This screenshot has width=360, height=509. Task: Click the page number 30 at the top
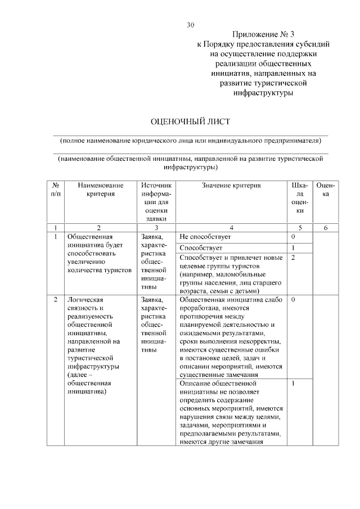[190, 25]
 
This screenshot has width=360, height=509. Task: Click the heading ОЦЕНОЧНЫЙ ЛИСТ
[191, 121]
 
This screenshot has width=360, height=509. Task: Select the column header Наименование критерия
[101, 190]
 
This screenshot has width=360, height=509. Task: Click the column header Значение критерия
[232, 185]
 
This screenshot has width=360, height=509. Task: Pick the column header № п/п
[56, 190]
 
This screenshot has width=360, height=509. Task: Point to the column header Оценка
[326, 190]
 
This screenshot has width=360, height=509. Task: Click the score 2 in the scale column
[294, 258]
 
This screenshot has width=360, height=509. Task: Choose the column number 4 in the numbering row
[232, 228]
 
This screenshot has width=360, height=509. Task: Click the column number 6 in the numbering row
[326, 228]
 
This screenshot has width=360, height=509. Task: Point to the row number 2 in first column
[56, 300]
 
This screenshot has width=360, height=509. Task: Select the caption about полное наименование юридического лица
[191, 141]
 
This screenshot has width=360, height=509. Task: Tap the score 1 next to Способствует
[294, 247]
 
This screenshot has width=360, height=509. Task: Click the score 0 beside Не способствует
[294, 237]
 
